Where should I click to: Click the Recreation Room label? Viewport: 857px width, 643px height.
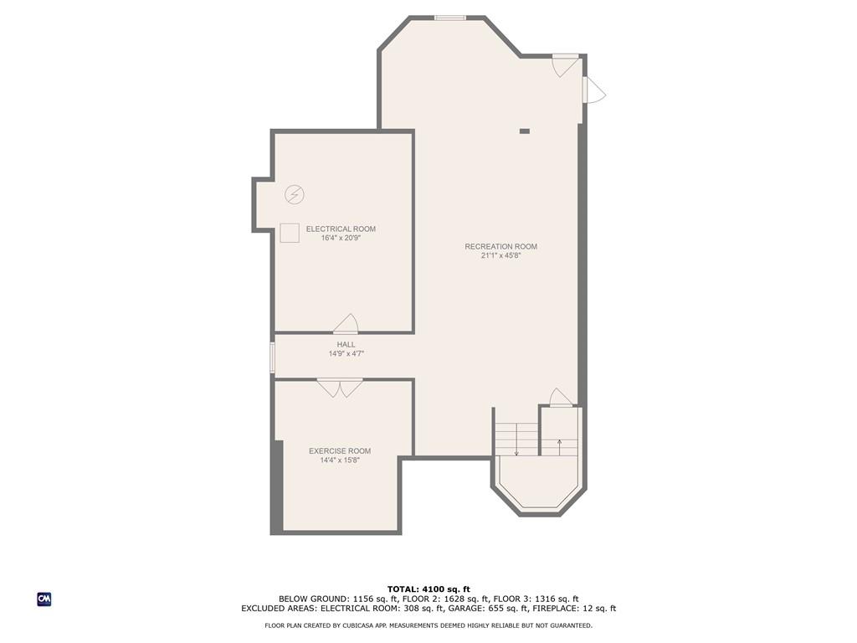500,247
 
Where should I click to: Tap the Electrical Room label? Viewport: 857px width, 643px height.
341,229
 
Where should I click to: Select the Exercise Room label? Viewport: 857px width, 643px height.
340,451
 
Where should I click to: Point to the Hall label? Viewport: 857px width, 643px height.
346,344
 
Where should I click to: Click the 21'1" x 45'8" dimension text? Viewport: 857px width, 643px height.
500,255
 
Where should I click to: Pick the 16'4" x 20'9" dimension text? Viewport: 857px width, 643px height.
341,238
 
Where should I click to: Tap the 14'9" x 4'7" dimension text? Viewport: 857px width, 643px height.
346,354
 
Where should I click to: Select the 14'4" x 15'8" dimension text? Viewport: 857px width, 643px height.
340,460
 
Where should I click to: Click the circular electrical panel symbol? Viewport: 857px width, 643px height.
295,194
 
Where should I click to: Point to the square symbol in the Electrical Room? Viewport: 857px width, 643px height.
290,233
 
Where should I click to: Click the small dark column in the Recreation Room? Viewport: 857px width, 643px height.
525,131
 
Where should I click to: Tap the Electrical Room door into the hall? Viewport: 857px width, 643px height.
346,324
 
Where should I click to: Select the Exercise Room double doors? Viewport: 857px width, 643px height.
340,388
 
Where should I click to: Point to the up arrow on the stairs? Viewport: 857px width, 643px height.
559,447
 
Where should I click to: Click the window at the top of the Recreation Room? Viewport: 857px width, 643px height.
450,18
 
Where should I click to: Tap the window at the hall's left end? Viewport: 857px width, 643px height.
272,358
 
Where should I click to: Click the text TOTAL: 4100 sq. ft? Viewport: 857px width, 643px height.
428,589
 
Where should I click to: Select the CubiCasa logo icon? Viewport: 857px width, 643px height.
44,599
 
